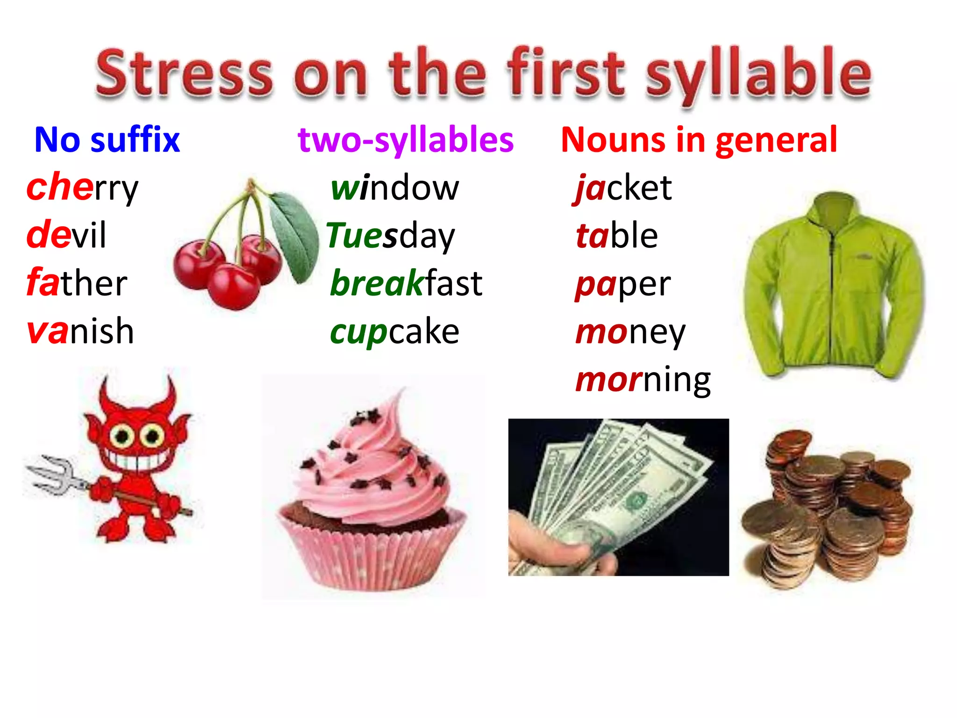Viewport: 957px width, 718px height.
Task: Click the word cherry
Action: coord(82,188)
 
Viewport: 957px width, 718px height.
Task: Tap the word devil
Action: coord(66,235)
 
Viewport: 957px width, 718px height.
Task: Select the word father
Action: coord(77,283)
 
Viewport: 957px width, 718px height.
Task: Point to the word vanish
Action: coord(80,331)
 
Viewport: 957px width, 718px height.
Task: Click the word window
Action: coord(395,188)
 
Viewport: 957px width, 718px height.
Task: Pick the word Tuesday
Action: coord(390,236)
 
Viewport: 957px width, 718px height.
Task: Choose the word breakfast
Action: coord(406,283)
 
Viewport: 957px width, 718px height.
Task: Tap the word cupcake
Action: coord(394,332)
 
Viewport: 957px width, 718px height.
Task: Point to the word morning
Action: coord(643,380)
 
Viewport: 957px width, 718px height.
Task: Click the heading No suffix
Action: coord(107,140)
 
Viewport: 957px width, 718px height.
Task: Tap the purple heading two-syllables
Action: coord(406,140)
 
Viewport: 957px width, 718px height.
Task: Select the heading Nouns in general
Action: coord(699,140)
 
